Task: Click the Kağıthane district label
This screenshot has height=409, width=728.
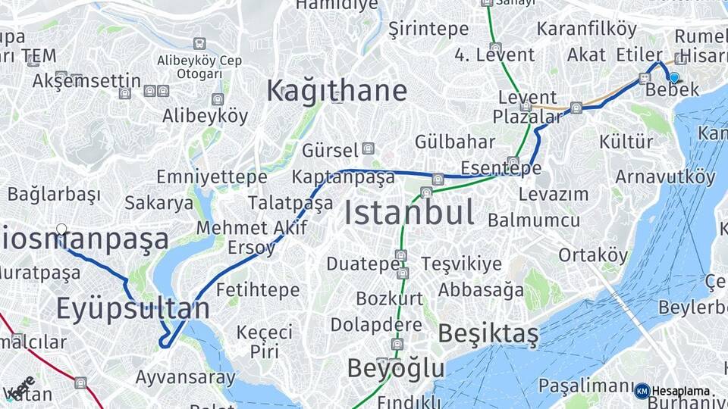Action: [336, 91]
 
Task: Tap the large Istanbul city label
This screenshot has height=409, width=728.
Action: [409, 213]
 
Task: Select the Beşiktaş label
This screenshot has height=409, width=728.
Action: [488, 333]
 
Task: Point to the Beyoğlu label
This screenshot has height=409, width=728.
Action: [396, 368]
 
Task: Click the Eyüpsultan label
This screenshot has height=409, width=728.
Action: [133, 309]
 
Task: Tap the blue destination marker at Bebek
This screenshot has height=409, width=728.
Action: [673, 76]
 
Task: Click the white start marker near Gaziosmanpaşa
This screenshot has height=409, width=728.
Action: [61, 229]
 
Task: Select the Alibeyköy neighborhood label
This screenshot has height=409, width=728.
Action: [205, 116]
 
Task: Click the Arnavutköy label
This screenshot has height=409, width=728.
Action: [665, 177]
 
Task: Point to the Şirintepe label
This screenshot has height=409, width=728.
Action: [428, 29]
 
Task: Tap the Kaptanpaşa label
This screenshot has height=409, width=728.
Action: [344, 177]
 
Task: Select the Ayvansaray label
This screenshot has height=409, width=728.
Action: [185, 376]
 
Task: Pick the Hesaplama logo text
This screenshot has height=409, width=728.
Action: [680, 392]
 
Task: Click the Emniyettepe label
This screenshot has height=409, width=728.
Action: [212, 177]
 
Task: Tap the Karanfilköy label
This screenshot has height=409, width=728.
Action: [587, 29]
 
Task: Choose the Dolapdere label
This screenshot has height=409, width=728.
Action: [376, 325]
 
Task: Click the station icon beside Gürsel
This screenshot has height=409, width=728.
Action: [368, 148]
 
